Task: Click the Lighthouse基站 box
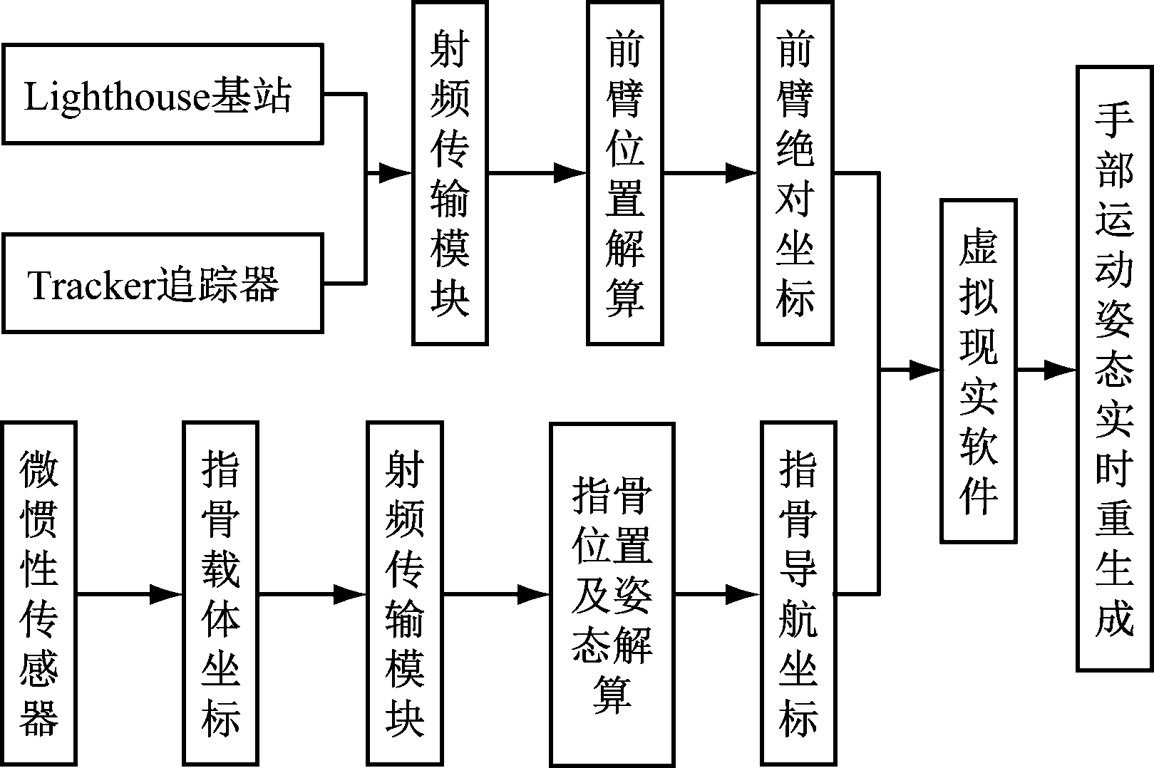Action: (x=162, y=94)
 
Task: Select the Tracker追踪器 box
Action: (x=162, y=283)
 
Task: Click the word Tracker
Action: (x=92, y=285)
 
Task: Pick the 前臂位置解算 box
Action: (x=624, y=173)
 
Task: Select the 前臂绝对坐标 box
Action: (x=795, y=173)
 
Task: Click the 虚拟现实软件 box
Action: (x=977, y=370)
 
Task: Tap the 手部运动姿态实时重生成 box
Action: (x=1114, y=368)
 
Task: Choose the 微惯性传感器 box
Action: (x=38, y=593)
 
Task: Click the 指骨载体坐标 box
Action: (x=220, y=593)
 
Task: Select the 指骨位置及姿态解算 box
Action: (x=612, y=593)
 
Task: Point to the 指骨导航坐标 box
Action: (x=797, y=593)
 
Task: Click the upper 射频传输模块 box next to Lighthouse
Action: (x=450, y=173)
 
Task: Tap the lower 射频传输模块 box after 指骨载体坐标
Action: (x=404, y=593)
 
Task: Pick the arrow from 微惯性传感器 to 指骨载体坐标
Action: (x=128, y=593)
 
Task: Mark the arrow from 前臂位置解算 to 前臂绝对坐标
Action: (x=709, y=172)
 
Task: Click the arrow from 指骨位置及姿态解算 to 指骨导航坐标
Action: (x=717, y=593)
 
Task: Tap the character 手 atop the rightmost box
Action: (x=1114, y=119)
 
